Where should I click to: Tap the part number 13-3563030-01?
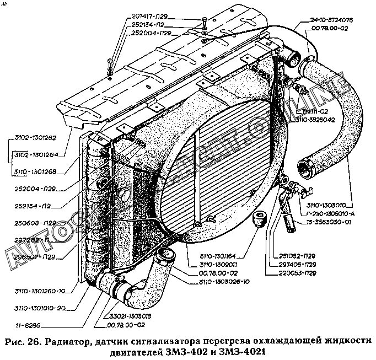coord(326,222)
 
